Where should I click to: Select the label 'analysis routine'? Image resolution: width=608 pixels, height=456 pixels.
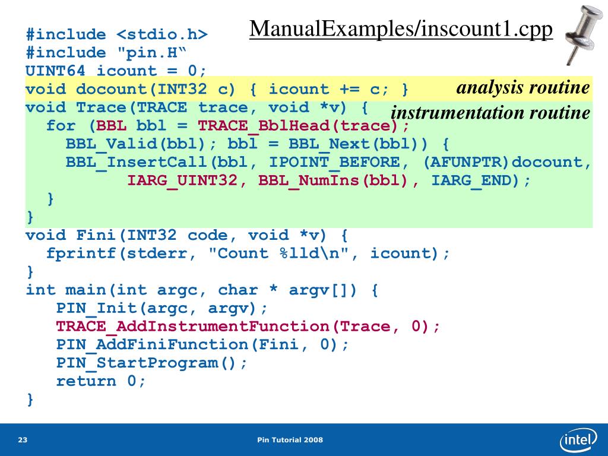[522, 88]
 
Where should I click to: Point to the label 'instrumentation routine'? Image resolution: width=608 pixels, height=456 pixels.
[490, 113]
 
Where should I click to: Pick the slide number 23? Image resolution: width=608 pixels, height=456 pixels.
[23, 440]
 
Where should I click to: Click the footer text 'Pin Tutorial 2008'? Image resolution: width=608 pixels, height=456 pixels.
[290, 440]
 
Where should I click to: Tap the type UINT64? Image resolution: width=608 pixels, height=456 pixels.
[55, 71]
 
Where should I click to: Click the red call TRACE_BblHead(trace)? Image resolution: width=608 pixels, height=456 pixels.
[298, 126]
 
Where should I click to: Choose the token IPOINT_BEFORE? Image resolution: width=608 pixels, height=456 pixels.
[334, 162]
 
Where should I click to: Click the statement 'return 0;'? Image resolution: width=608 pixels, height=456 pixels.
[101, 381]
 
